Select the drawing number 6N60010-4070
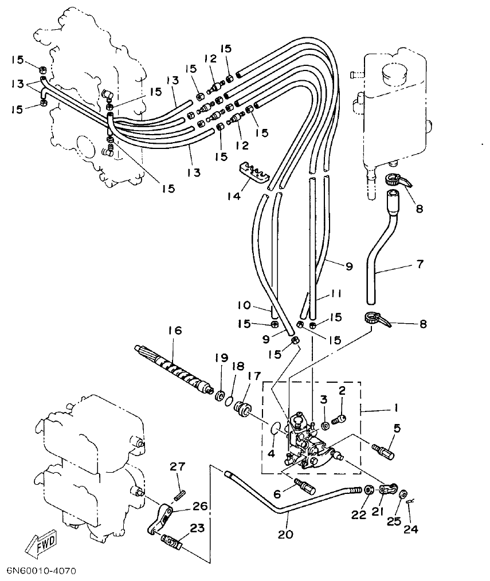(41, 571)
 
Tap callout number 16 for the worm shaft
(174, 331)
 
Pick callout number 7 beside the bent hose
(420, 264)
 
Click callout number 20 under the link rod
(285, 535)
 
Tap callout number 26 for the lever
(201, 506)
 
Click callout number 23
(197, 529)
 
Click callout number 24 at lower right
(410, 529)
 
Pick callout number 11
(335, 294)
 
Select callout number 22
(359, 515)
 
